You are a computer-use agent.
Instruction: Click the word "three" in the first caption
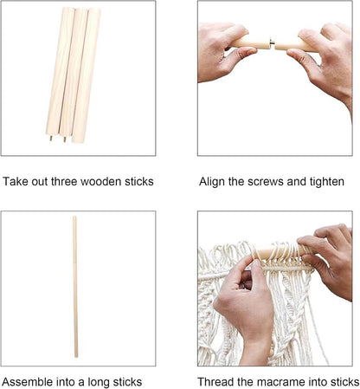64,182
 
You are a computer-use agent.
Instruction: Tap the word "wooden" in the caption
100,182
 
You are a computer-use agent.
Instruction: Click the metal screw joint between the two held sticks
272,43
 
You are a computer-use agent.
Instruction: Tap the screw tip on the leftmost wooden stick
51,138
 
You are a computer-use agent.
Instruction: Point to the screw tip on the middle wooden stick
65,139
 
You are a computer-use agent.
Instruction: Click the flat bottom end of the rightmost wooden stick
78,141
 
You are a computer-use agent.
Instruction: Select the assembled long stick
75,287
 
